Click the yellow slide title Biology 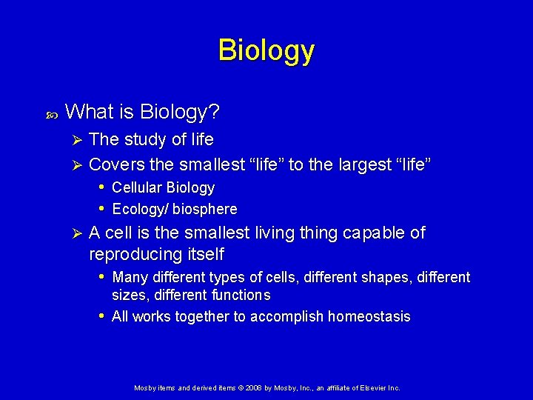click(x=266, y=50)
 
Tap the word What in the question click(x=87, y=113)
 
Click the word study click(x=145, y=139)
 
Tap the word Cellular click(x=137, y=188)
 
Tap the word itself click(x=204, y=254)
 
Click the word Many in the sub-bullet click(x=129, y=278)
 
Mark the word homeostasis click(x=367, y=317)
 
